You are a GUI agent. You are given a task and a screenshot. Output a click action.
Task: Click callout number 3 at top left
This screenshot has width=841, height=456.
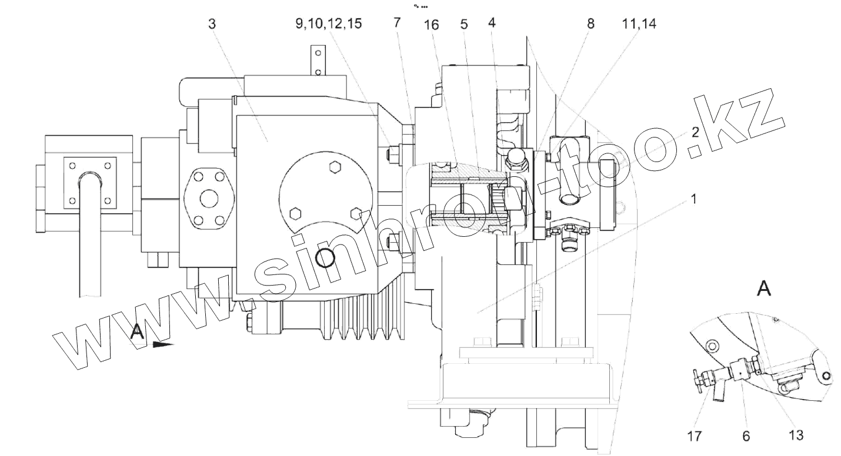pos(212,24)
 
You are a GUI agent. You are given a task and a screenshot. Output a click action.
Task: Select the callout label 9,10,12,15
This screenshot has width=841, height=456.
pos(329,24)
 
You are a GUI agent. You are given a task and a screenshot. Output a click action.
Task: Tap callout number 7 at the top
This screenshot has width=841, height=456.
pos(397,23)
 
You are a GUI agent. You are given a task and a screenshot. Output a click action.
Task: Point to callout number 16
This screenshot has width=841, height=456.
pos(432,25)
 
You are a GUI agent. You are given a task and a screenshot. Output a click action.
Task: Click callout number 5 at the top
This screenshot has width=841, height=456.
pos(464,24)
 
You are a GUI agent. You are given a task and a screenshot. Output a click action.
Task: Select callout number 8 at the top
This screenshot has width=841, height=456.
pos(590,24)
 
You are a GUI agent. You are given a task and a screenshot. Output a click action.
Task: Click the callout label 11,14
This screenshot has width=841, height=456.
pos(639,24)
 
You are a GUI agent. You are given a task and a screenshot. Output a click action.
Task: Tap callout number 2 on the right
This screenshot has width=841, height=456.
pos(695,132)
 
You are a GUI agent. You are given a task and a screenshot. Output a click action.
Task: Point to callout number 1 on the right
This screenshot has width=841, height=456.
pos(693,199)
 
